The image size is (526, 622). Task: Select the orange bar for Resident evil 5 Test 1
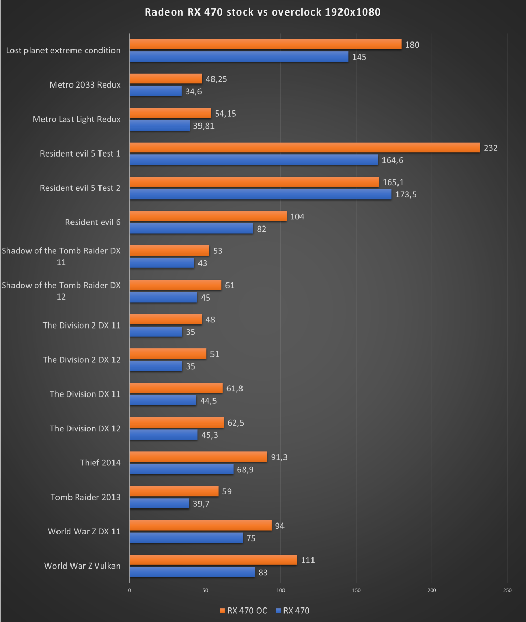point(304,148)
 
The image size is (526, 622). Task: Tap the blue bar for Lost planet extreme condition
point(238,56)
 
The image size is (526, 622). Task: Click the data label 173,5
point(407,194)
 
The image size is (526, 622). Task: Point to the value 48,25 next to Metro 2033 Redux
point(217,79)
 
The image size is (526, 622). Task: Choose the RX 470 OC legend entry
point(244,611)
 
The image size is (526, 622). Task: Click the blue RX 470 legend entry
point(293,611)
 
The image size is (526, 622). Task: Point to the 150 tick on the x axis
point(356,590)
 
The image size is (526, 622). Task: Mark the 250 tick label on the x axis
point(507,590)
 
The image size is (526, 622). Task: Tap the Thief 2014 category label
point(100,463)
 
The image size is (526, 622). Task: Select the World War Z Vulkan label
point(82,566)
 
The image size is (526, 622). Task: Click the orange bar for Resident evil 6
point(207,216)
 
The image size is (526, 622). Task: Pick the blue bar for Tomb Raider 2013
point(159,503)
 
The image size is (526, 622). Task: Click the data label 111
point(308,560)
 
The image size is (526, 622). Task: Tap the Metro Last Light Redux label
point(76,119)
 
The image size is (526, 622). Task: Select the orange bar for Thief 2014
point(198,457)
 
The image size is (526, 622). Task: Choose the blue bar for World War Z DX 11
point(186,538)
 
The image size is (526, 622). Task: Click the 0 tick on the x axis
point(129,590)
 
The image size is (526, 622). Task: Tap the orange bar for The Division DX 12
point(176,422)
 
